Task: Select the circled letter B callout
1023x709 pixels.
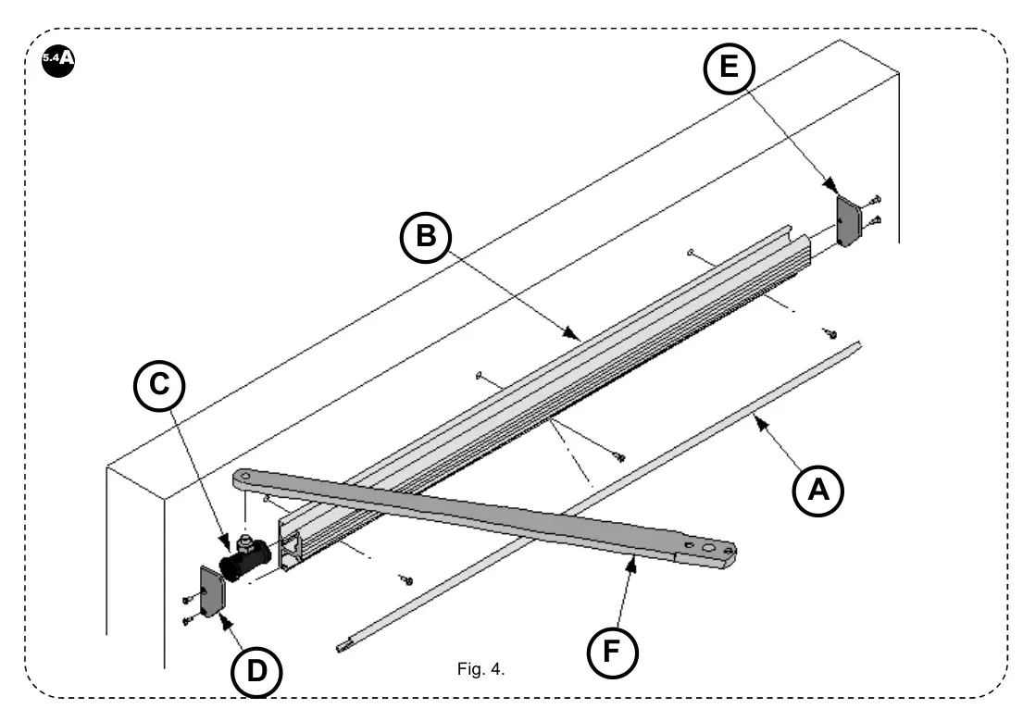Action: [425, 238]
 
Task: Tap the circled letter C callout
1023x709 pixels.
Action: [160, 385]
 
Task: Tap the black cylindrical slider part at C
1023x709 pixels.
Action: [243, 559]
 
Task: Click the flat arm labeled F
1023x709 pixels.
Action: [481, 515]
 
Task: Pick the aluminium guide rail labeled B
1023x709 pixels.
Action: [555, 370]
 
